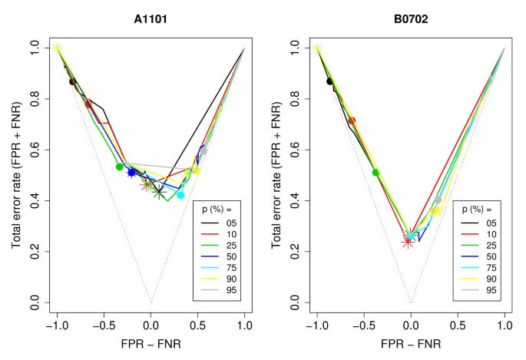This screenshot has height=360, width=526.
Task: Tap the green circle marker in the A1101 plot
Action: (x=120, y=167)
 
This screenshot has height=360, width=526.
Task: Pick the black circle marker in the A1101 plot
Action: (x=73, y=81)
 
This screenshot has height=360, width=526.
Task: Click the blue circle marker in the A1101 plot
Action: (x=131, y=173)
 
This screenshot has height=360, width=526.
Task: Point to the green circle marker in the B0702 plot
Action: (x=376, y=173)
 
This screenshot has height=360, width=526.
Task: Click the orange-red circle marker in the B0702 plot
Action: (x=352, y=121)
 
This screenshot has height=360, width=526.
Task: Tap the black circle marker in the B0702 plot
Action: (x=330, y=81)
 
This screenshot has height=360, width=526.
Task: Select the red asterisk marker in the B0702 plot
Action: (x=408, y=243)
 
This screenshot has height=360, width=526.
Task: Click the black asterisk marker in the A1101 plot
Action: (x=158, y=192)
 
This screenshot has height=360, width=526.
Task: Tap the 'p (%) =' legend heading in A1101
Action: (x=217, y=209)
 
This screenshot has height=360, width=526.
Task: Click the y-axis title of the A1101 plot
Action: (x=15, y=177)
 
